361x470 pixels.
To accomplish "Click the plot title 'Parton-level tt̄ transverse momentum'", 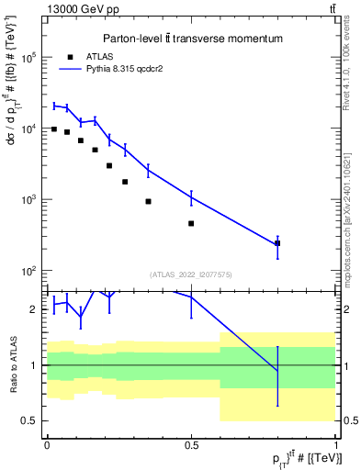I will (x=192, y=39).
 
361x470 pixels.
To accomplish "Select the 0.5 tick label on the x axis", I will (x=191, y=444).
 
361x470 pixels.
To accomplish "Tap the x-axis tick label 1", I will (x=335, y=444).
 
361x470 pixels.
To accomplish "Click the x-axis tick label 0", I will (x=47, y=444).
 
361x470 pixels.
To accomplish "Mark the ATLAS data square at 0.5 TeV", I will (x=191, y=223).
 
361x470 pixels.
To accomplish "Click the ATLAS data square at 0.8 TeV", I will (x=277, y=243).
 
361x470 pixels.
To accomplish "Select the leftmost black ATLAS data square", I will (x=54, y=129).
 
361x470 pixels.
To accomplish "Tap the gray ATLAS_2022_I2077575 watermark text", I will (x=191, y=274).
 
